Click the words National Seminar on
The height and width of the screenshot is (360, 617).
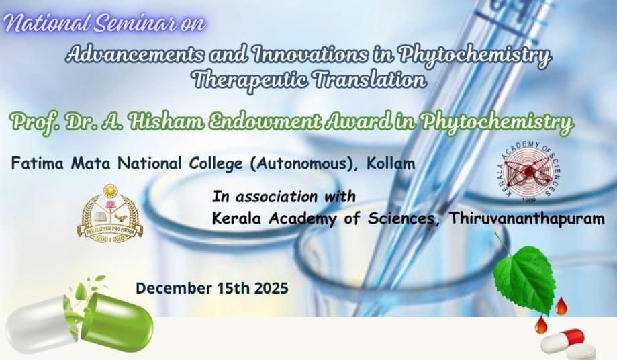[x=105, y=24]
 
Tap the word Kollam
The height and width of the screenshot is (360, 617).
[x=395, y=164]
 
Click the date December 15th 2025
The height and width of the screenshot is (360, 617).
[x=212, y=287]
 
